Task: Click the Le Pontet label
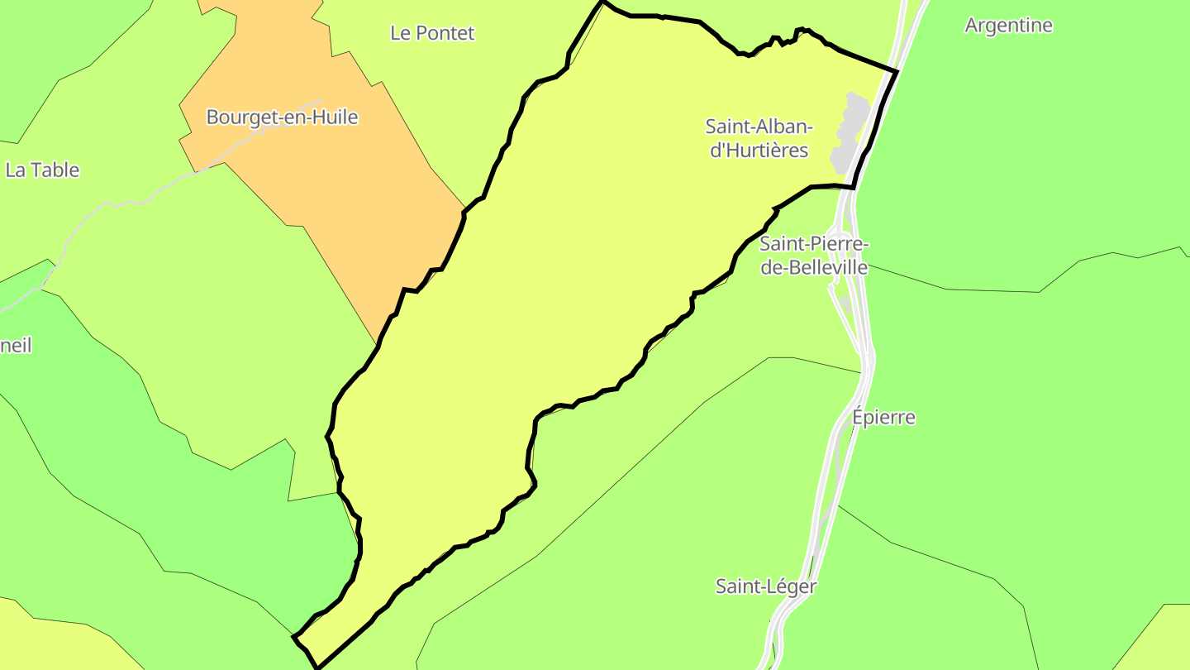click(432, 33)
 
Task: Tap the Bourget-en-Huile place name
click(282, 117)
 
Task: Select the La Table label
click(42, 170)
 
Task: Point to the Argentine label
click(1008, 26)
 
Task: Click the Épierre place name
click(883, 417)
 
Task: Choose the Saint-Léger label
click(765, 586)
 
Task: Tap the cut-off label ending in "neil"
click(16, 346)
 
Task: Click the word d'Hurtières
click(759, 151)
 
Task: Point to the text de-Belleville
click(813, 267)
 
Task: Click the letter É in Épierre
click(859, 416)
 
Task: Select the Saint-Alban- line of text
click(759, 127)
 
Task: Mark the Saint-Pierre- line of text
click(813, 244)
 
